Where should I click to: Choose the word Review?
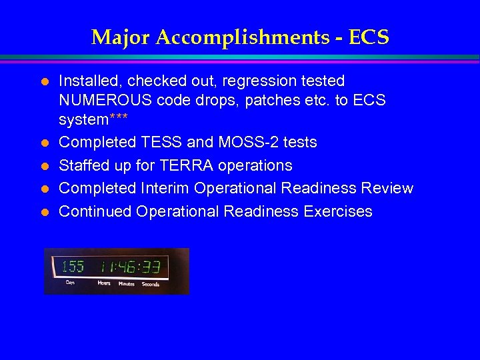[387, 189]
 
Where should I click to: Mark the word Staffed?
[84, 165]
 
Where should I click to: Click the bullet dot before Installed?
[45, 82]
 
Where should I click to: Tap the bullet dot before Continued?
[45, 212]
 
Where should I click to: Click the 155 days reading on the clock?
[73, 267]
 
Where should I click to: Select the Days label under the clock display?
[70, 283]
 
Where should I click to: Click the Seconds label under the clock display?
[150, 283]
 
